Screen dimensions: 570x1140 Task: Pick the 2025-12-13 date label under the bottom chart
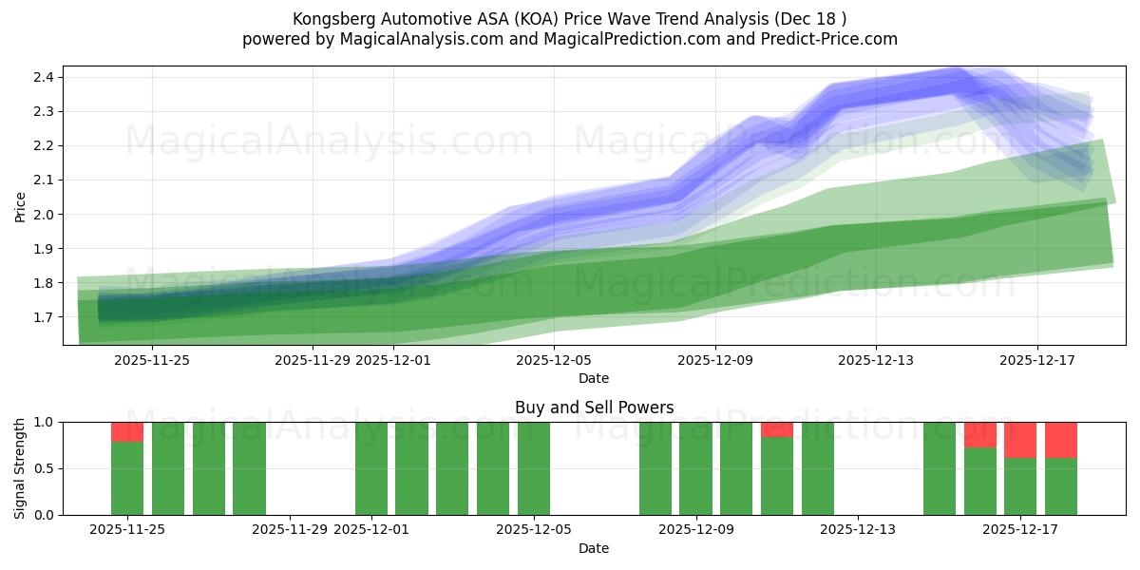(858, 530)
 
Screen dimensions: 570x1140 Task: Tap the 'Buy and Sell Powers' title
(594, 408)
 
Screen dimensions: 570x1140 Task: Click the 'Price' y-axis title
(21, 206)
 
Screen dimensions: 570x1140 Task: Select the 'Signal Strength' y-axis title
(21, 468)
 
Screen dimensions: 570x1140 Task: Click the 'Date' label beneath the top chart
(594, 378)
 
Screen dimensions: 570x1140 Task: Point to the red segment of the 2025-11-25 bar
(127, 432)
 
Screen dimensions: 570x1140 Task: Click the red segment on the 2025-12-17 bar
(1020, 440)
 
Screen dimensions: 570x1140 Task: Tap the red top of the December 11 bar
(777, 429)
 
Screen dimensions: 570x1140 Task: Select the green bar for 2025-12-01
(371, 468)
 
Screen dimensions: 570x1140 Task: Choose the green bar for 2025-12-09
(695, 468)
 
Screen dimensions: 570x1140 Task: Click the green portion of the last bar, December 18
(1061, 486)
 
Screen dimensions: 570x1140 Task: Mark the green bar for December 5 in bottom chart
(534, 468)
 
